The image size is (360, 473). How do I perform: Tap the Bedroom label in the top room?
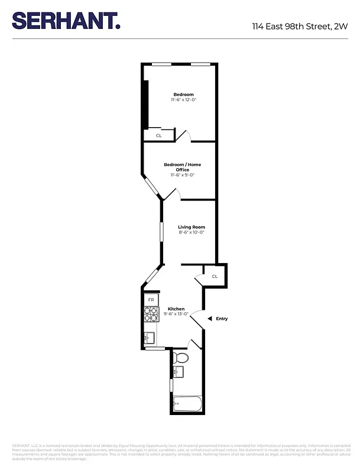click(x=183, y=95)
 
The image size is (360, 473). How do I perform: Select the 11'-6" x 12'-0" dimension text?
click(x=183, y=100)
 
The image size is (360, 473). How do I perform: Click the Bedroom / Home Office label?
click(x=182, y=167)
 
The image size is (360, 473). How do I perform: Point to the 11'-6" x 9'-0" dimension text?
click(x=183, y=175)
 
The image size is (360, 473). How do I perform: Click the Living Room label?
click(x=192, y=227)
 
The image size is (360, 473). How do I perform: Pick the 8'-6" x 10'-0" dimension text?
click(x=192, y=232)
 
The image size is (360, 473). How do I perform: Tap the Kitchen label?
click(x=176, y=309)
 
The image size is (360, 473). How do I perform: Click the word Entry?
click(x=222, y=319)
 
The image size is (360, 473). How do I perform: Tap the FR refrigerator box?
click(x=151, y=300)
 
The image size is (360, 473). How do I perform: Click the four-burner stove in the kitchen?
click(x=151, y=316)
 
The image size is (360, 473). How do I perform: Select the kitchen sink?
click(x=149, y=338)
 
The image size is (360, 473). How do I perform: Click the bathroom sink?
click(x=178, y=372)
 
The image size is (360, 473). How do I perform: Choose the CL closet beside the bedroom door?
click(x=159, y=135)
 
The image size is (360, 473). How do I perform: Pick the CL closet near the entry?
click(x=215, y=276)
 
